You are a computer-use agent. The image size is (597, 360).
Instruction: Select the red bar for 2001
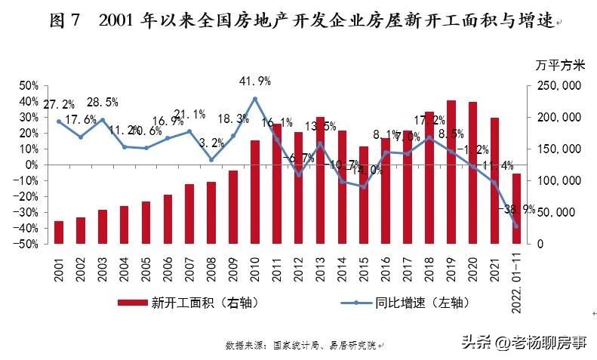point(59,232)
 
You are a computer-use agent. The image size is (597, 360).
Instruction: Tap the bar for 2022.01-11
point(516,208)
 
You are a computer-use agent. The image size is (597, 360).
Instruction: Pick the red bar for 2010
point(255,192)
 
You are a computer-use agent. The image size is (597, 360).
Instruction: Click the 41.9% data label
point(255,81)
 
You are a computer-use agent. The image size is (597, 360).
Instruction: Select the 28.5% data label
point(103,102)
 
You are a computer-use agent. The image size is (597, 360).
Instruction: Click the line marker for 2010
point(255,99)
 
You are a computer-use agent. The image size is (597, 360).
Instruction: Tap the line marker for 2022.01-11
point(516,226)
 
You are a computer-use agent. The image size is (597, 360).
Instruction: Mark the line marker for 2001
point(59,122)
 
